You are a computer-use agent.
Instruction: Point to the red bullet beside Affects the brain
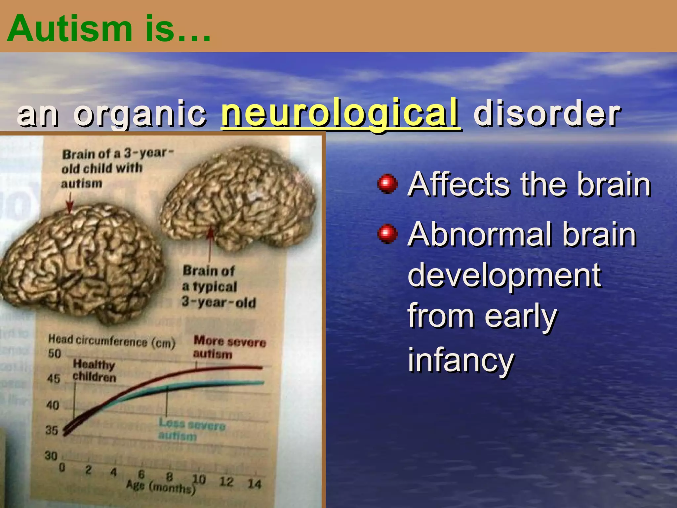(387, 184)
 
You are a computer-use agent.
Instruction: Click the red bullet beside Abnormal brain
(387, 234)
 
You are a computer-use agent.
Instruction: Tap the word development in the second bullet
(504, 275)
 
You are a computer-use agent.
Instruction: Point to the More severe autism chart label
(229, 347)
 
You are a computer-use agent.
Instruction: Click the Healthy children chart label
(94, 371)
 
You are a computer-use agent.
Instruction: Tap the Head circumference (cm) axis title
(111, 341)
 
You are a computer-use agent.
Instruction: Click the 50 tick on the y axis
(54, 354)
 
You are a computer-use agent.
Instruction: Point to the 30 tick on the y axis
(51, 456)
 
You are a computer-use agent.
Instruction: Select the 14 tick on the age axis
(255, 484)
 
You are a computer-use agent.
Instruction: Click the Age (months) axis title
(160, 487)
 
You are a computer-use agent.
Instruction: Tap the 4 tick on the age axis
(113, 472)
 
